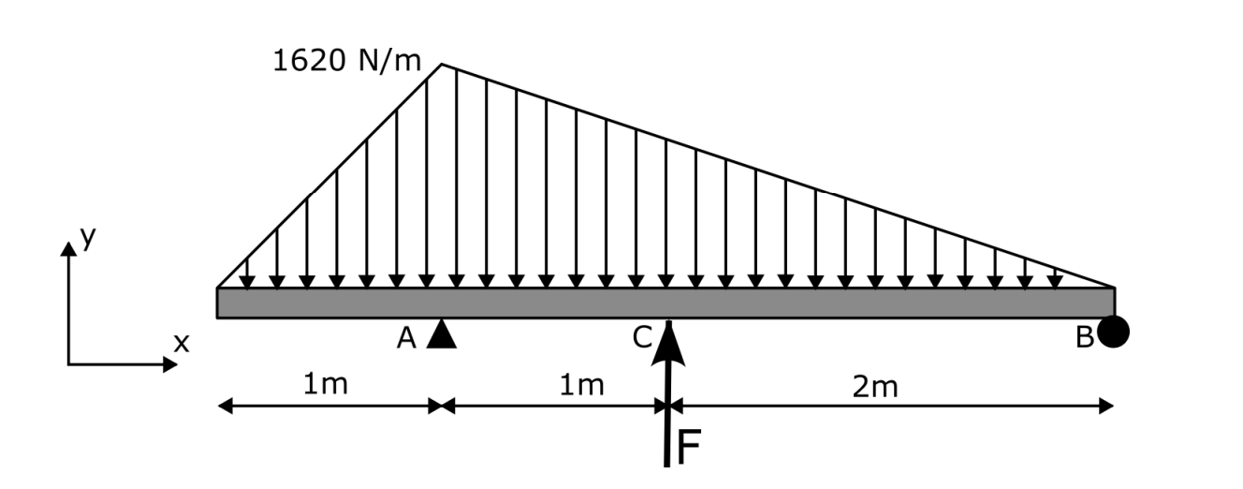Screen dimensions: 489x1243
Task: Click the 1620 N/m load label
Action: point(346,63)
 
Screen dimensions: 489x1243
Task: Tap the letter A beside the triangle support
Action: point(406,338)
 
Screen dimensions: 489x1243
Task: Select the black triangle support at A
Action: point(441,335)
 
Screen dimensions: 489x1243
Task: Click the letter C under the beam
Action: point(642,338)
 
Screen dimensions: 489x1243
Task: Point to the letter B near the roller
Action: point(1084,338)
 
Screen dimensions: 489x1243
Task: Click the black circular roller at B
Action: point(1113,332)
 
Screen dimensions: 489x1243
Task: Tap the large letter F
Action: point(688,448)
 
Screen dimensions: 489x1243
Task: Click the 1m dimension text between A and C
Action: point(582,385)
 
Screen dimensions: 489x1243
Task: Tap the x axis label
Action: point(182,344)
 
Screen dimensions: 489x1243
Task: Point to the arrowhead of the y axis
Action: point(68,248)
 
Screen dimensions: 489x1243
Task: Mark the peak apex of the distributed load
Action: point(442,65)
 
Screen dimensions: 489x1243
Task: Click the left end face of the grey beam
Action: point(218,303)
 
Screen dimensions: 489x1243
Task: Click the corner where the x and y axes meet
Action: point(68,363)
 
